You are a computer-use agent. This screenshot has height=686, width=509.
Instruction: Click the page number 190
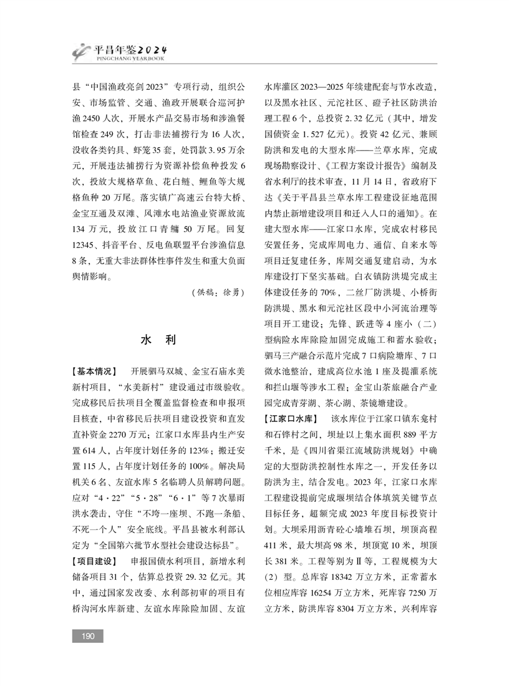coord(87,635)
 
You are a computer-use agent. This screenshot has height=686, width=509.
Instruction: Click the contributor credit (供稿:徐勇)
coord(216,292)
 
